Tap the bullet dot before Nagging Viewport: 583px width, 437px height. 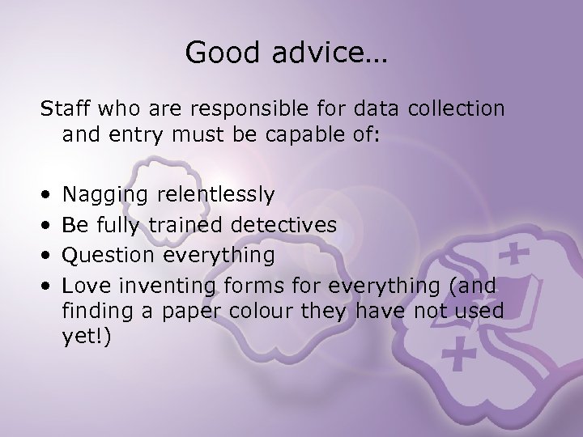pyautogui.click(x=48, y=195)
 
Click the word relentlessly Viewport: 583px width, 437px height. pyautogui.click(x=216, y=194)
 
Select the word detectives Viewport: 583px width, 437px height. pyautogui.click(x=284, y=225)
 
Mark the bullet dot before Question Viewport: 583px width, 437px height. pyautogui.click(x=48, y=257)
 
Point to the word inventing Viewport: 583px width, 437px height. pyautogui.click(x=168, y=286)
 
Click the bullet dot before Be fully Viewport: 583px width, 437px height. pyautogui.click(x=48, y=226)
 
